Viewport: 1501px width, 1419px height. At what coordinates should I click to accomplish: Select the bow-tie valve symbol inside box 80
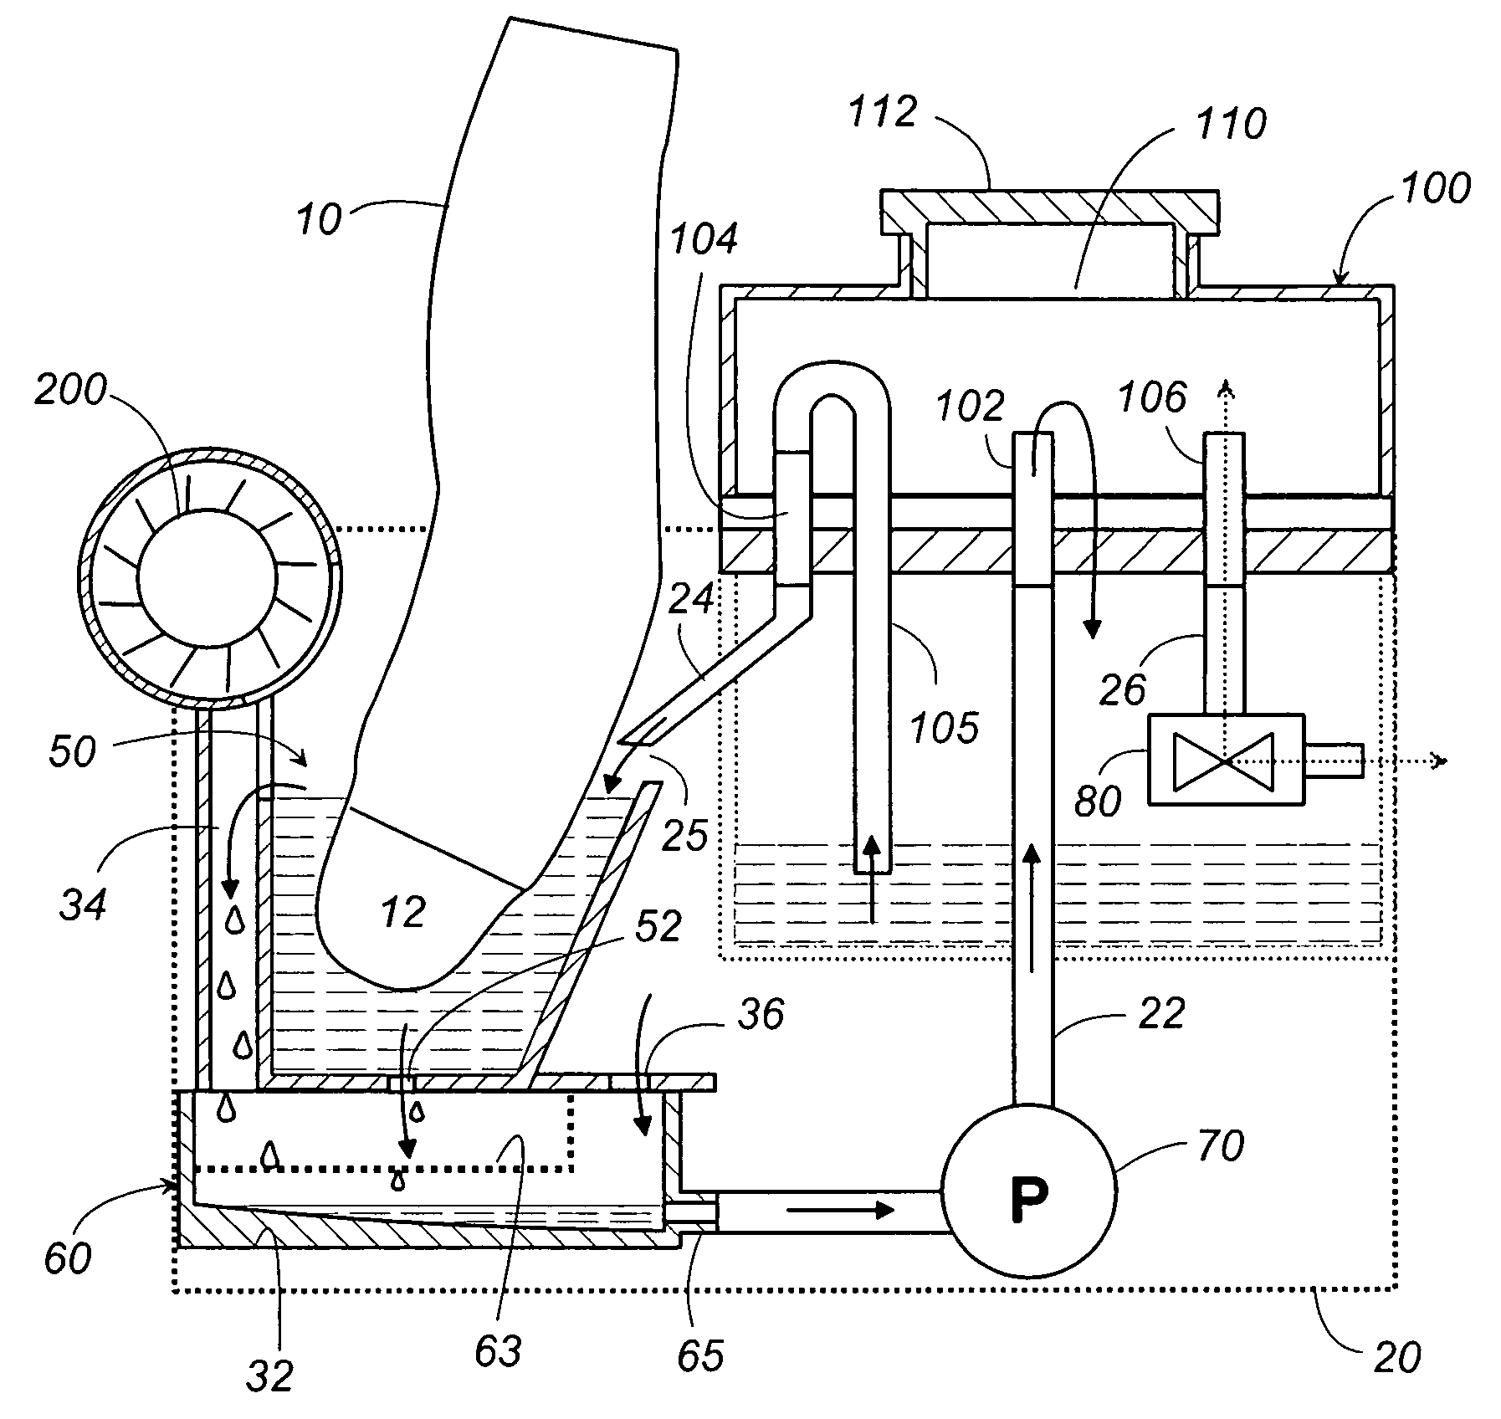1223,761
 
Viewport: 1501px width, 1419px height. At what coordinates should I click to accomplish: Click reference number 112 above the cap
884,111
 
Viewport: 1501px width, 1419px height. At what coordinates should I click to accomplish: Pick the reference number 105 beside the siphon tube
945,728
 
